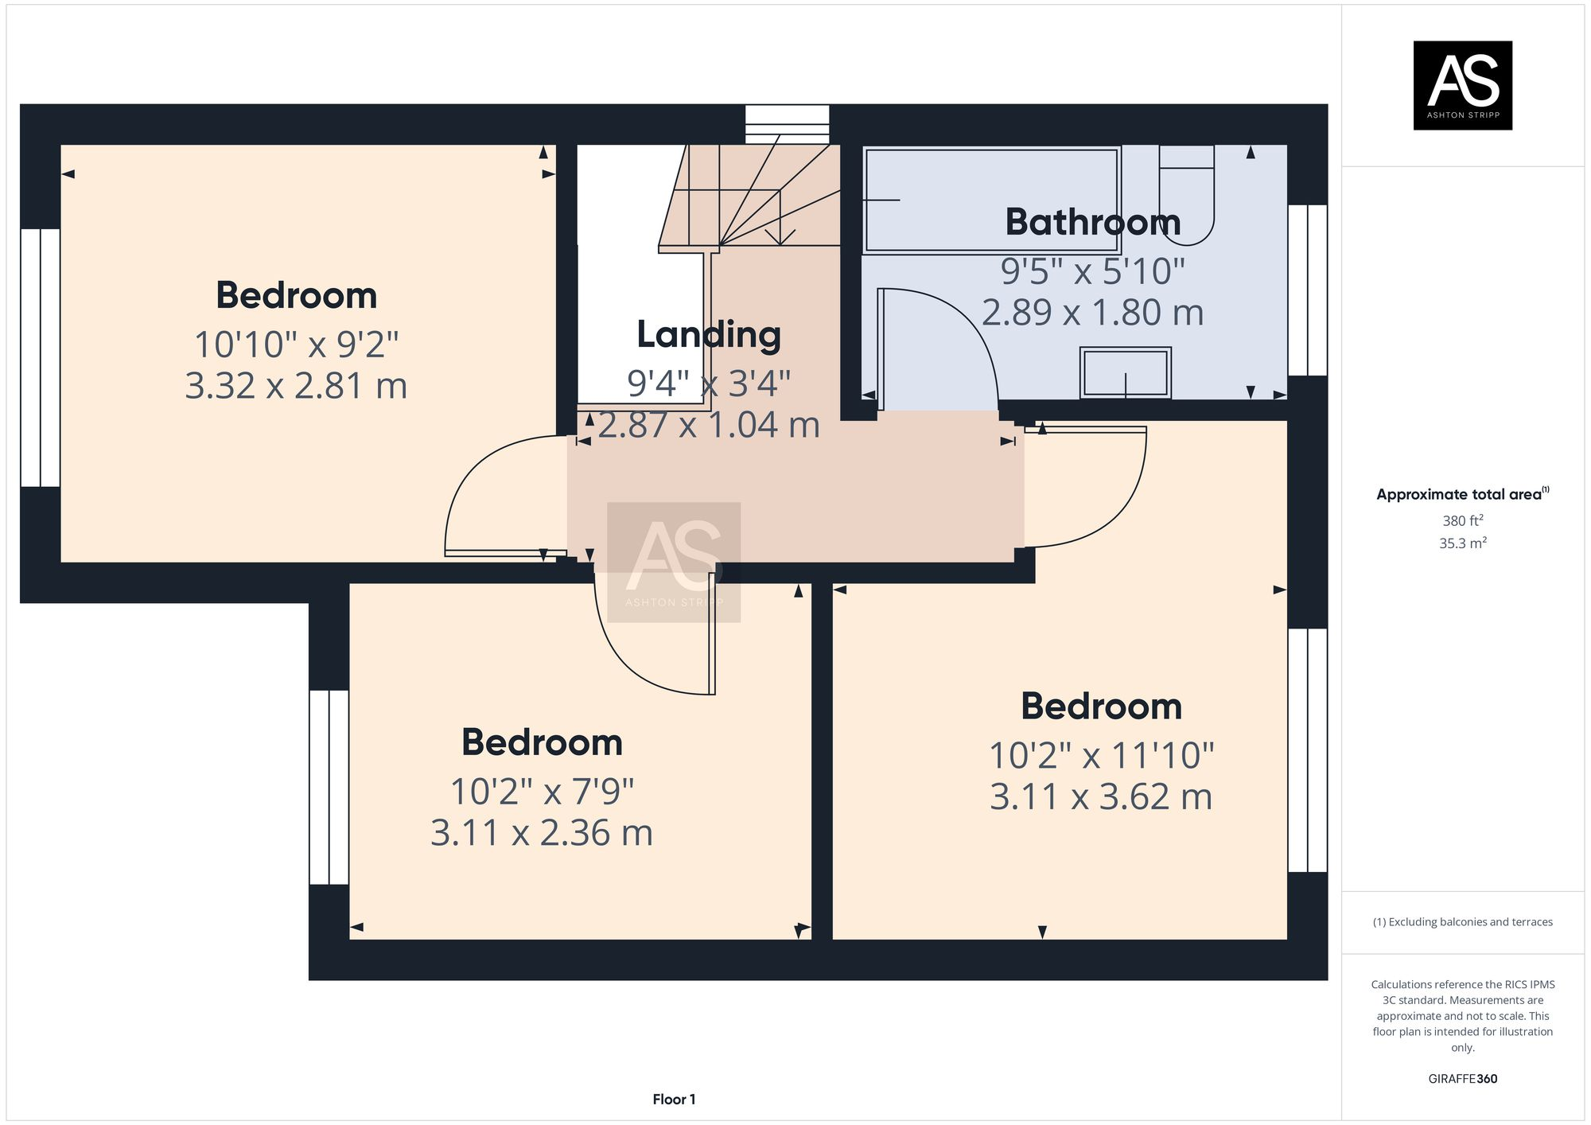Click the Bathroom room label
pyautogui.click(x=1092, y=222)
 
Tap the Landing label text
pyautogui.click(x=708, y=335)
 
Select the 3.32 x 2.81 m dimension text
pyautogui.click(x=296, y=386)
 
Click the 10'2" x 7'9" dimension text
pyautogui.click(x=542, y=792)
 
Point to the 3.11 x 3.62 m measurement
pyautogui.click(x=1100, y=796)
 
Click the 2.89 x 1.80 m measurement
pyautogui.click(x=1092, y=313)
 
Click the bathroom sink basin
pyautogui.click(x=1125, y=372)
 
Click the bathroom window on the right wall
pyautogui.click(x=1307, y=290)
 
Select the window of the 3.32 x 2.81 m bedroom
pyautogui.click(x=40, y=358)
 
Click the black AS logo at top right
pyautogui.click(x=1462, y=85)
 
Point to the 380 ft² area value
pyautogui.click(x=1462, y=521)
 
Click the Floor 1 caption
pyautogui.click(x=674, y=1100)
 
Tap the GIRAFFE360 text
pyautogui.click(x=1462, y=1079)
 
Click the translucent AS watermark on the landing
pyautogui.click(x=674, y=561)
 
